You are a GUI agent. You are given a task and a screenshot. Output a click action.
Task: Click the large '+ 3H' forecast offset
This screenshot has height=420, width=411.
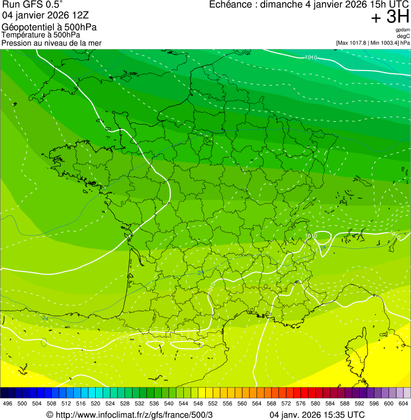[x=390, y=17]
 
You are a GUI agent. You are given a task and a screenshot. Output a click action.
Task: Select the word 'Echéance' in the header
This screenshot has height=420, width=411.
[x=229, y=5]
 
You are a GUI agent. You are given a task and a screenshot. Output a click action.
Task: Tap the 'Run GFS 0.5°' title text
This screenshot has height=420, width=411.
[x=32, y=5]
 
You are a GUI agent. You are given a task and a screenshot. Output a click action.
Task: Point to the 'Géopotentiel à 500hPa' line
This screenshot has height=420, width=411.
[x=49, y=27]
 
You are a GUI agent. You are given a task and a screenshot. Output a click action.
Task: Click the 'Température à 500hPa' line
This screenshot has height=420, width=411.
[x=45, y=35]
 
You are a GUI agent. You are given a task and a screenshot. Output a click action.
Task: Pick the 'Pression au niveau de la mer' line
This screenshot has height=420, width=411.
[x=51, y=43]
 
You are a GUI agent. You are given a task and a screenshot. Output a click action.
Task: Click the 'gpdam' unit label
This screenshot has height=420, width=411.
[x=403, y=30]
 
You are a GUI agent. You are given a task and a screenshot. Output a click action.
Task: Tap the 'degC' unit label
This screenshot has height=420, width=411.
[x=404, y=36]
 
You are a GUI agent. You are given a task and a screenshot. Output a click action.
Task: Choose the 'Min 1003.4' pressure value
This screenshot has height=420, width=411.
[x=384, y=43]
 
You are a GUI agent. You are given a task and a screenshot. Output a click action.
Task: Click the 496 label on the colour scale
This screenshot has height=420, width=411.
[x=7, y=404]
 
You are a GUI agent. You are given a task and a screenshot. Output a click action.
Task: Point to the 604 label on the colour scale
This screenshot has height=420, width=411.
[x=404, y=404]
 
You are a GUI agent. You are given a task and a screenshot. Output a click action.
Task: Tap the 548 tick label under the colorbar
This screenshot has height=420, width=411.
[x=198, y=404]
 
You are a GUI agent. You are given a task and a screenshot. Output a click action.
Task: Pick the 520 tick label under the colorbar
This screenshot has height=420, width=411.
[x=96, y=404]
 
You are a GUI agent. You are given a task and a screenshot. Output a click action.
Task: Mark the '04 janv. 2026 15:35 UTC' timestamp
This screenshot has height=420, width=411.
[x=317, y=415]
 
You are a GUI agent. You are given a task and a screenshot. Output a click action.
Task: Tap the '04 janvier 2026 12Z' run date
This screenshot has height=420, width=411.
[x=40, y=15]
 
